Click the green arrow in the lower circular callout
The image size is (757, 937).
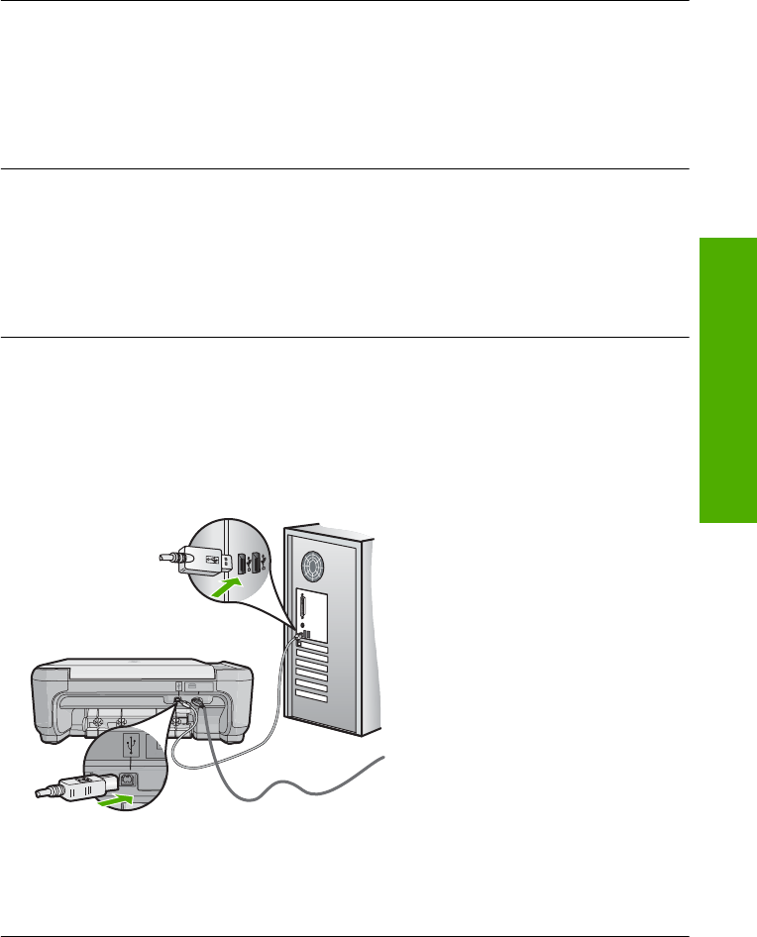coord(120,793)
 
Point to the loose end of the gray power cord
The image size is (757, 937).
coord(380,760)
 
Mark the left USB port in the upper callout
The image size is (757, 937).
coord(240,564)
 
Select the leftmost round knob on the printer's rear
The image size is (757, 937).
coord(97,720)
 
